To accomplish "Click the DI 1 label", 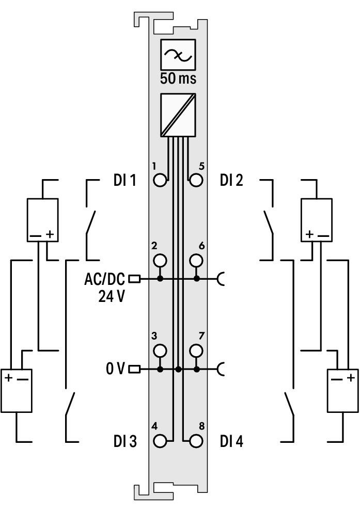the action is click(x=125, y=180).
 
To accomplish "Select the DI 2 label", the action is click(x=231, y=180).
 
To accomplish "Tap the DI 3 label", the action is click(x=125, y=441).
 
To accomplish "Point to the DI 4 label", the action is click(x=231, y=441).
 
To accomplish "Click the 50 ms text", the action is click(x=178, y=78).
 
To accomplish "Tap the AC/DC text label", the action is click(x=104, y=279).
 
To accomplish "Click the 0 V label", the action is click(x=115, y=369).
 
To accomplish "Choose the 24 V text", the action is click(x=112, y=296).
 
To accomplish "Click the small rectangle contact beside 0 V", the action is click(x=135, y=370).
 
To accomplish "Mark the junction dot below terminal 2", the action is click(x=160, y=279).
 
